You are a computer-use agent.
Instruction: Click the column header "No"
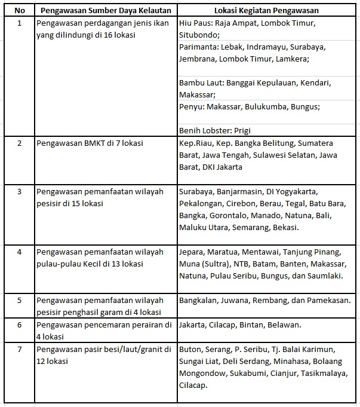pyautogui.click(x=20, y=11)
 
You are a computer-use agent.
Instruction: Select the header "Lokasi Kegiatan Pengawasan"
pyautogui.click(x=266, y=11)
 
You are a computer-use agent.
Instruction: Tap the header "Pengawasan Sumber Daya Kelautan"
pyautogui.click(x=106, y=11)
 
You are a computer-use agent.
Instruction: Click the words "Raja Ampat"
pyautogui.click(x=238, y=23)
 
